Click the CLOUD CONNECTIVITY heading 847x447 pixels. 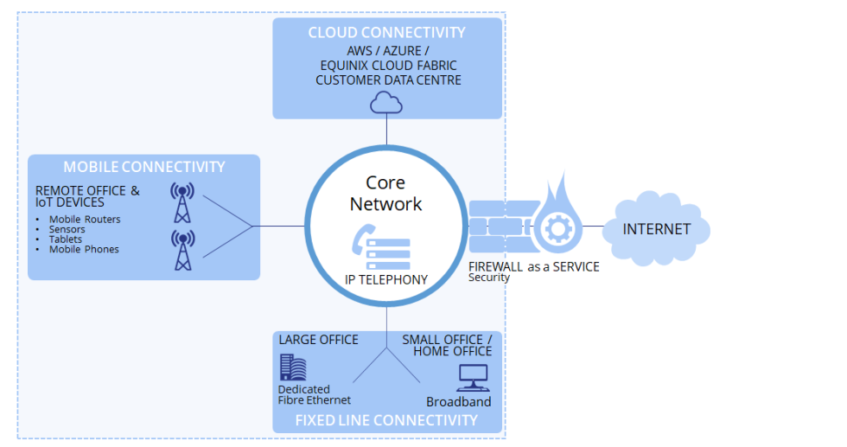(x=386, y=33)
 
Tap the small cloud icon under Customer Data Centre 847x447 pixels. (x=386, y=103)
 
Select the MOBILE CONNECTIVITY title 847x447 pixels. (x=143, y=167)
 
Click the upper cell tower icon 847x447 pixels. (x=182, y=201)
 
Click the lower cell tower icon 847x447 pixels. (x=182, y=250)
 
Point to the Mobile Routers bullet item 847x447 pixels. (x=84, y=220)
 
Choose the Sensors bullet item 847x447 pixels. (x=67, y=230)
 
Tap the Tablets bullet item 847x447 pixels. (x=65, y=239)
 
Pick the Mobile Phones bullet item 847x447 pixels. (x=83, y=250)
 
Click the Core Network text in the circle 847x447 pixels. (x=385, y=194)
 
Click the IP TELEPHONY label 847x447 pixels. (x=385, y=279)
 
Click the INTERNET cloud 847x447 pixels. (x=657, y=230)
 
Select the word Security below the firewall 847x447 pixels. (x=489, y=278)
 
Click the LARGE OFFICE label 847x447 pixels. (x=318, y=340)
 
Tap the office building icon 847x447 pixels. (x=293, y=367)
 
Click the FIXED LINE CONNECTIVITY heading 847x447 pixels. (x=386, y=420)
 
